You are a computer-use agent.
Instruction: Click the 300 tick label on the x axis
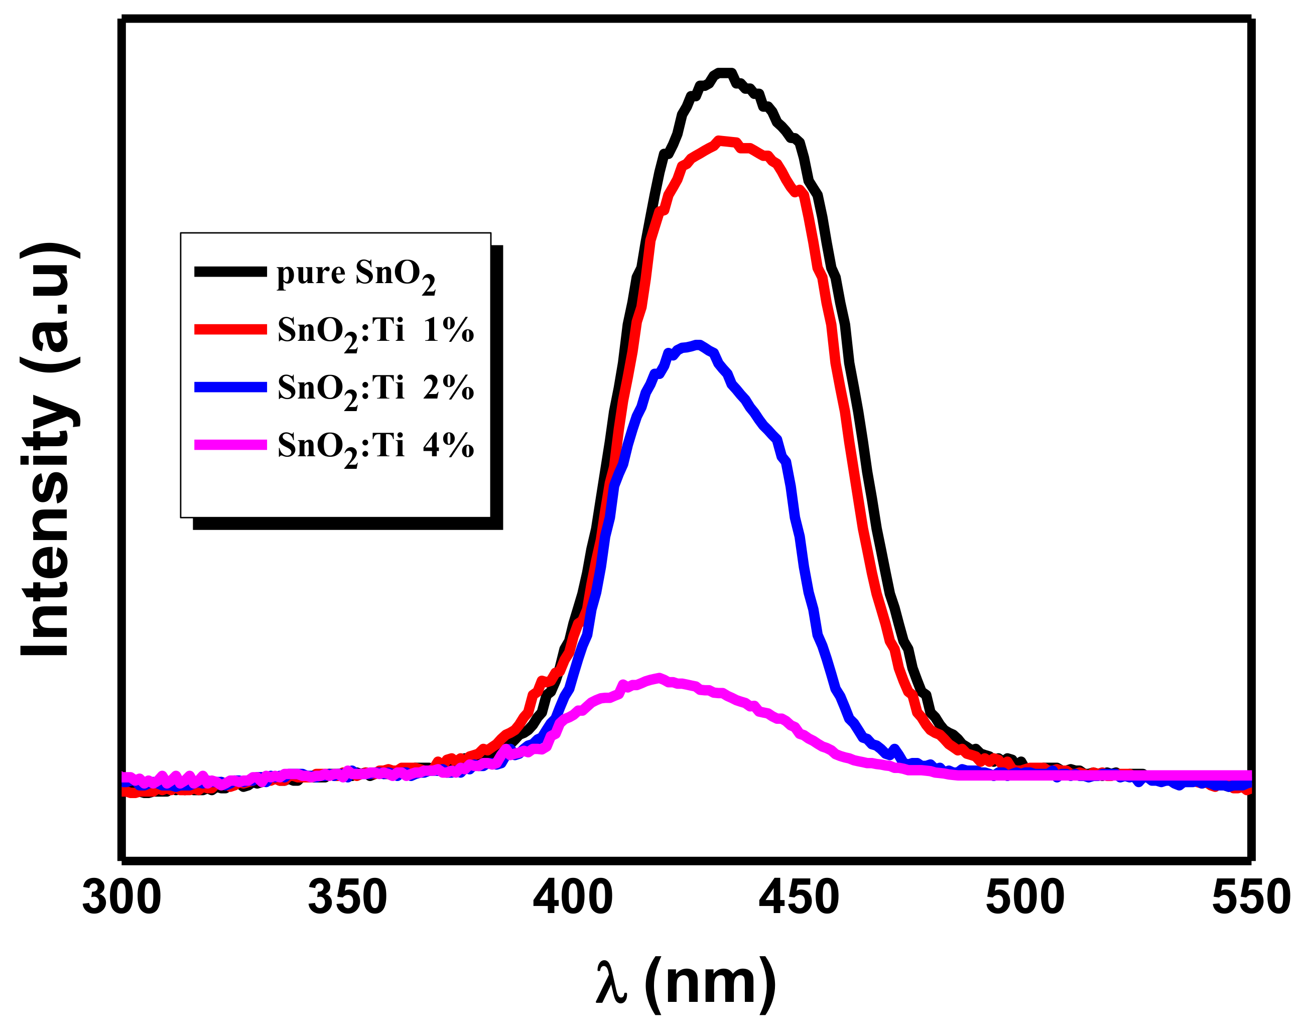point(121,898)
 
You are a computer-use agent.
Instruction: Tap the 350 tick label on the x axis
point(347,898)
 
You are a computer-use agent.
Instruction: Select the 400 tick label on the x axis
point(573,898)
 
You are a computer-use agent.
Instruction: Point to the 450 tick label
point(799,898)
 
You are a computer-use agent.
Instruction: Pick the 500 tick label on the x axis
point(1025,898)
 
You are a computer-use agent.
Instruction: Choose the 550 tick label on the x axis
point(1251,898)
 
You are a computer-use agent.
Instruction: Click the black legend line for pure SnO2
point(230,272)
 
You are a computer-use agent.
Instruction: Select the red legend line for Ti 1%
point(230,329)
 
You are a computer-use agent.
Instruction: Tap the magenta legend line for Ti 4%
point(230,445)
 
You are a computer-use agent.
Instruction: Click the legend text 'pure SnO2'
point(355,275)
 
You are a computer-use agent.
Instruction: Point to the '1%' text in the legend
point(448,330)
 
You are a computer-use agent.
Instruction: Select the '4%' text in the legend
point(448,446)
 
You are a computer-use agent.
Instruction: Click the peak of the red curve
point(719,141)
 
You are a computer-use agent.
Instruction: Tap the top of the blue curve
point(698,344)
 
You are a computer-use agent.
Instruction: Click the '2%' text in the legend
point(448,388)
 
